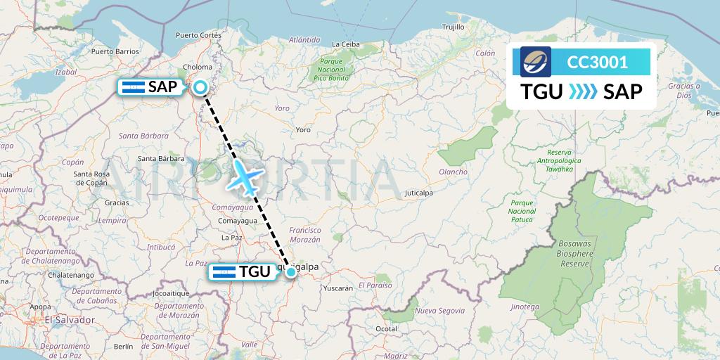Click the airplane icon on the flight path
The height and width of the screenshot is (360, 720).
245,176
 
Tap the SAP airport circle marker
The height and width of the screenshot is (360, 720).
200,87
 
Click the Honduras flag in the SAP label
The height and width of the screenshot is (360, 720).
134,87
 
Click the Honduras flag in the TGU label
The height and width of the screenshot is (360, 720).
224,272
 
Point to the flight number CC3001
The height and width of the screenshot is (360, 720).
597,63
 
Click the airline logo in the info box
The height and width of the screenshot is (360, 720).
536,62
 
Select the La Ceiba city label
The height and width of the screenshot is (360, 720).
345,44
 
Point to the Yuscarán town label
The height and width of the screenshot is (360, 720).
336,288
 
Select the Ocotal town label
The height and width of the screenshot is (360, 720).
387,328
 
